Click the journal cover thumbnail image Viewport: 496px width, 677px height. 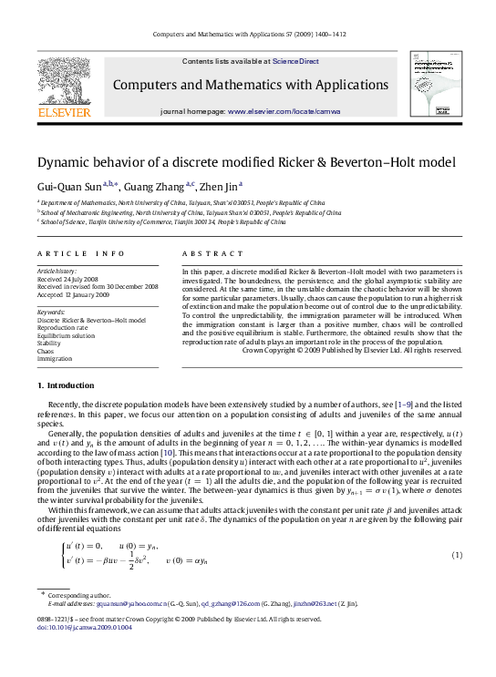tap(433, 83)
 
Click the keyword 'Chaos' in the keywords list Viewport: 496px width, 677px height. tap(46, 351)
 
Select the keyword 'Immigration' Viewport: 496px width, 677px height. tap(54, 358)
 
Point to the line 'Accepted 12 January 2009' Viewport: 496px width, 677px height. tap(73, 293)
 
